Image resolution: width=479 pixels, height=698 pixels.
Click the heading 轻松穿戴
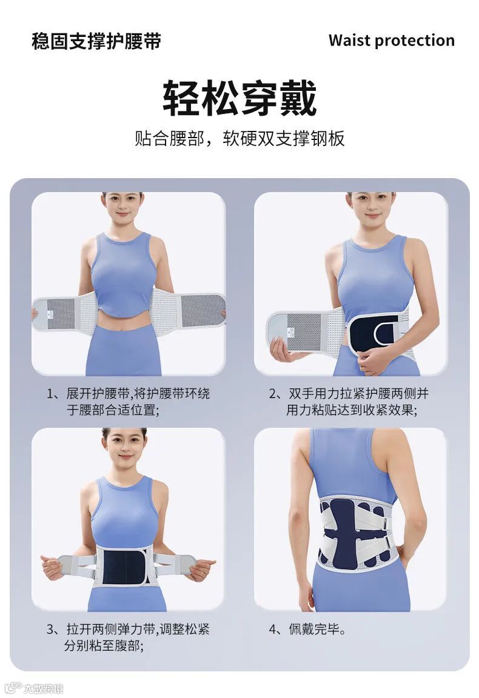coord(239,98)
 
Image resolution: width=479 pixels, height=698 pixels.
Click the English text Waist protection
coord(392,40)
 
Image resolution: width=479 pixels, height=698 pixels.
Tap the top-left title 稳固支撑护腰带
coord(96,41)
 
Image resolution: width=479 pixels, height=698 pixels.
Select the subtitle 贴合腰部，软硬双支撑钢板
coord(239,138)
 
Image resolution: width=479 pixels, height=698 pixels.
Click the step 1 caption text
coord(129,402)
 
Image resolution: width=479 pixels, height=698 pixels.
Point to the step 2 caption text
coord(349,402)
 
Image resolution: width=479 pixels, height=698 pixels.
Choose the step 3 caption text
coord(128,637)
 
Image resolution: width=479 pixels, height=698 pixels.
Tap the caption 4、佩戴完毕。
coord(307,629)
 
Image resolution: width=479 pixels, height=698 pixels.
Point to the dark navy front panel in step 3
coord(124,567)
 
